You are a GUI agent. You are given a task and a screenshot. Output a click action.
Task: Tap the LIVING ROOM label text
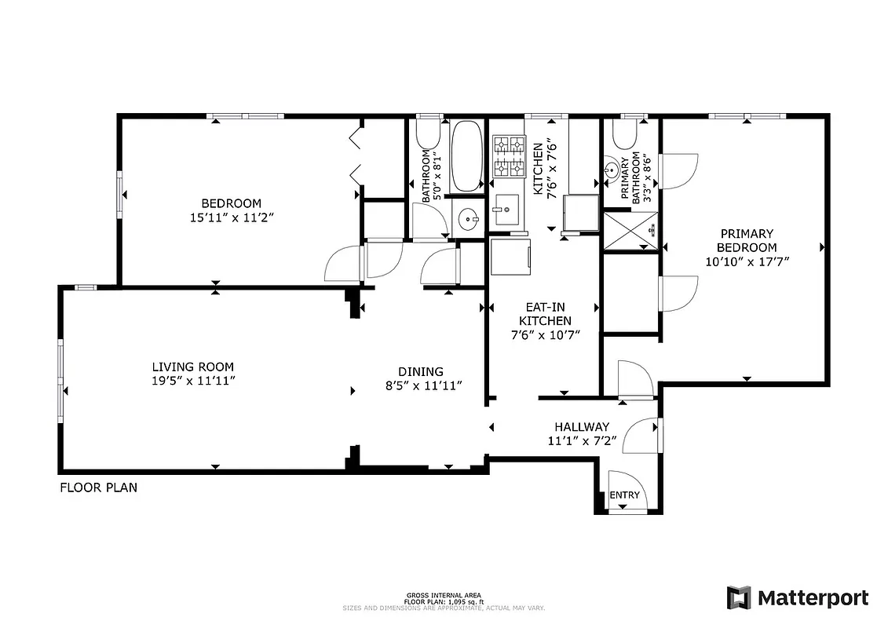[x=192, y=374]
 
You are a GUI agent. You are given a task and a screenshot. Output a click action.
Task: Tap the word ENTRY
[x=625, y=495]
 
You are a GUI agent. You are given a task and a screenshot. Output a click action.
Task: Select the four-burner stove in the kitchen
[x=509, y=156]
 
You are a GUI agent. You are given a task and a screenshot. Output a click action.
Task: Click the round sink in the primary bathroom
[x=612, y=170]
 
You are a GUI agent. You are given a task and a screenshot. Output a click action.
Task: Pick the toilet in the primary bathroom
[x=626, y=135]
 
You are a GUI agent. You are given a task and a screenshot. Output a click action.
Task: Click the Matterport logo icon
[x=740, y=597]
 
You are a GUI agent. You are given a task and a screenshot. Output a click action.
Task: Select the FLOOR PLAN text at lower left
[x=99, y=487]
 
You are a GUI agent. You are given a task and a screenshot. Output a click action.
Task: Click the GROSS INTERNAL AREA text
[x=444, y=595]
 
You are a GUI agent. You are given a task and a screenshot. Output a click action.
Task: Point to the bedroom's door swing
[x=343, y=264]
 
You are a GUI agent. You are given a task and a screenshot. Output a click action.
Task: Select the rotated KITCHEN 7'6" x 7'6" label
[x=545, y=169]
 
